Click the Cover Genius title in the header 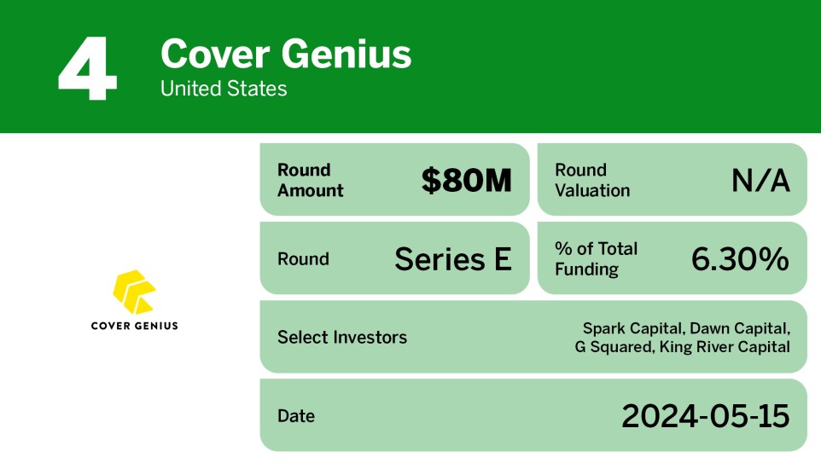point(286,55)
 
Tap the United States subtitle point(224,89)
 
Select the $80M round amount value point(466,180)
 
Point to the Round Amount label point(310,180)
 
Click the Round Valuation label point(592,180)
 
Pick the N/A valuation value point(760,180)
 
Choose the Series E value point(452,259)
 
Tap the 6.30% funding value point(739,259)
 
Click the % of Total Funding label point(596,259)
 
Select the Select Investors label point(341,338)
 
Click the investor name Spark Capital point(632,328)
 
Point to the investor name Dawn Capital point(739,328)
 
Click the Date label point(295,416)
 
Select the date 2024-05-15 point(705,416)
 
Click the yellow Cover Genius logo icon point(134,291)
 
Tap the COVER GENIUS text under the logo point(134,325)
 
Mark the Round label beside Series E point(303,259)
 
